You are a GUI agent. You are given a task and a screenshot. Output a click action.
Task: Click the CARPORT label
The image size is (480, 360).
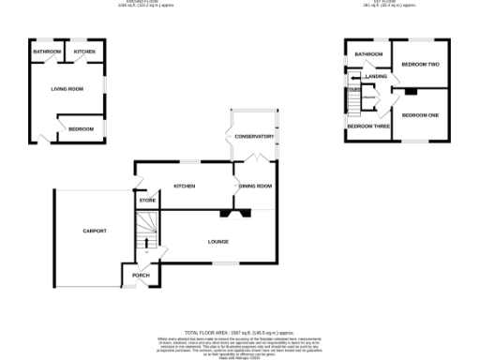coord(95,231)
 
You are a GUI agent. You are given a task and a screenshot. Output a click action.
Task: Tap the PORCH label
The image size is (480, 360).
coord(141,275)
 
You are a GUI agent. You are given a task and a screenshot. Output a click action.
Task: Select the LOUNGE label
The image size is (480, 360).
coord(218,241)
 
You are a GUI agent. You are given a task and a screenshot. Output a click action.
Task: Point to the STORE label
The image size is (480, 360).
coord(147,201)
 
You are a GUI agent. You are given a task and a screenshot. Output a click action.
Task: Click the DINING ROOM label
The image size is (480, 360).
coord(255,187)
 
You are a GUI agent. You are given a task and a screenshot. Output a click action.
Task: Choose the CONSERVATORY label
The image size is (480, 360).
coord(254,137)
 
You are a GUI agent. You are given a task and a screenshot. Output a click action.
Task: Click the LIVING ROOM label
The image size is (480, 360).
coord(67,88)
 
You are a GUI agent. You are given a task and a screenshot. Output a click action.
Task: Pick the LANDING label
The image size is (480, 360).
coord(377,76)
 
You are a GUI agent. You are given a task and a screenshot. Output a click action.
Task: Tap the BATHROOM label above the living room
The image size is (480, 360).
coord(47,51)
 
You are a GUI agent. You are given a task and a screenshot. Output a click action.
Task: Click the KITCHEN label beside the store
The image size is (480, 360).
coord(184,187)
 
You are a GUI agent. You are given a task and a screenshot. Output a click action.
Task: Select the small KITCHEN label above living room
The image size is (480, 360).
coord(84,51)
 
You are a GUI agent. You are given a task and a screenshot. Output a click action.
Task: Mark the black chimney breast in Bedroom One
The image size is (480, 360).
coord(410,92)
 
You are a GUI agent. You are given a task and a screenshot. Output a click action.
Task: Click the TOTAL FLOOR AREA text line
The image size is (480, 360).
coord(239,333)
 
